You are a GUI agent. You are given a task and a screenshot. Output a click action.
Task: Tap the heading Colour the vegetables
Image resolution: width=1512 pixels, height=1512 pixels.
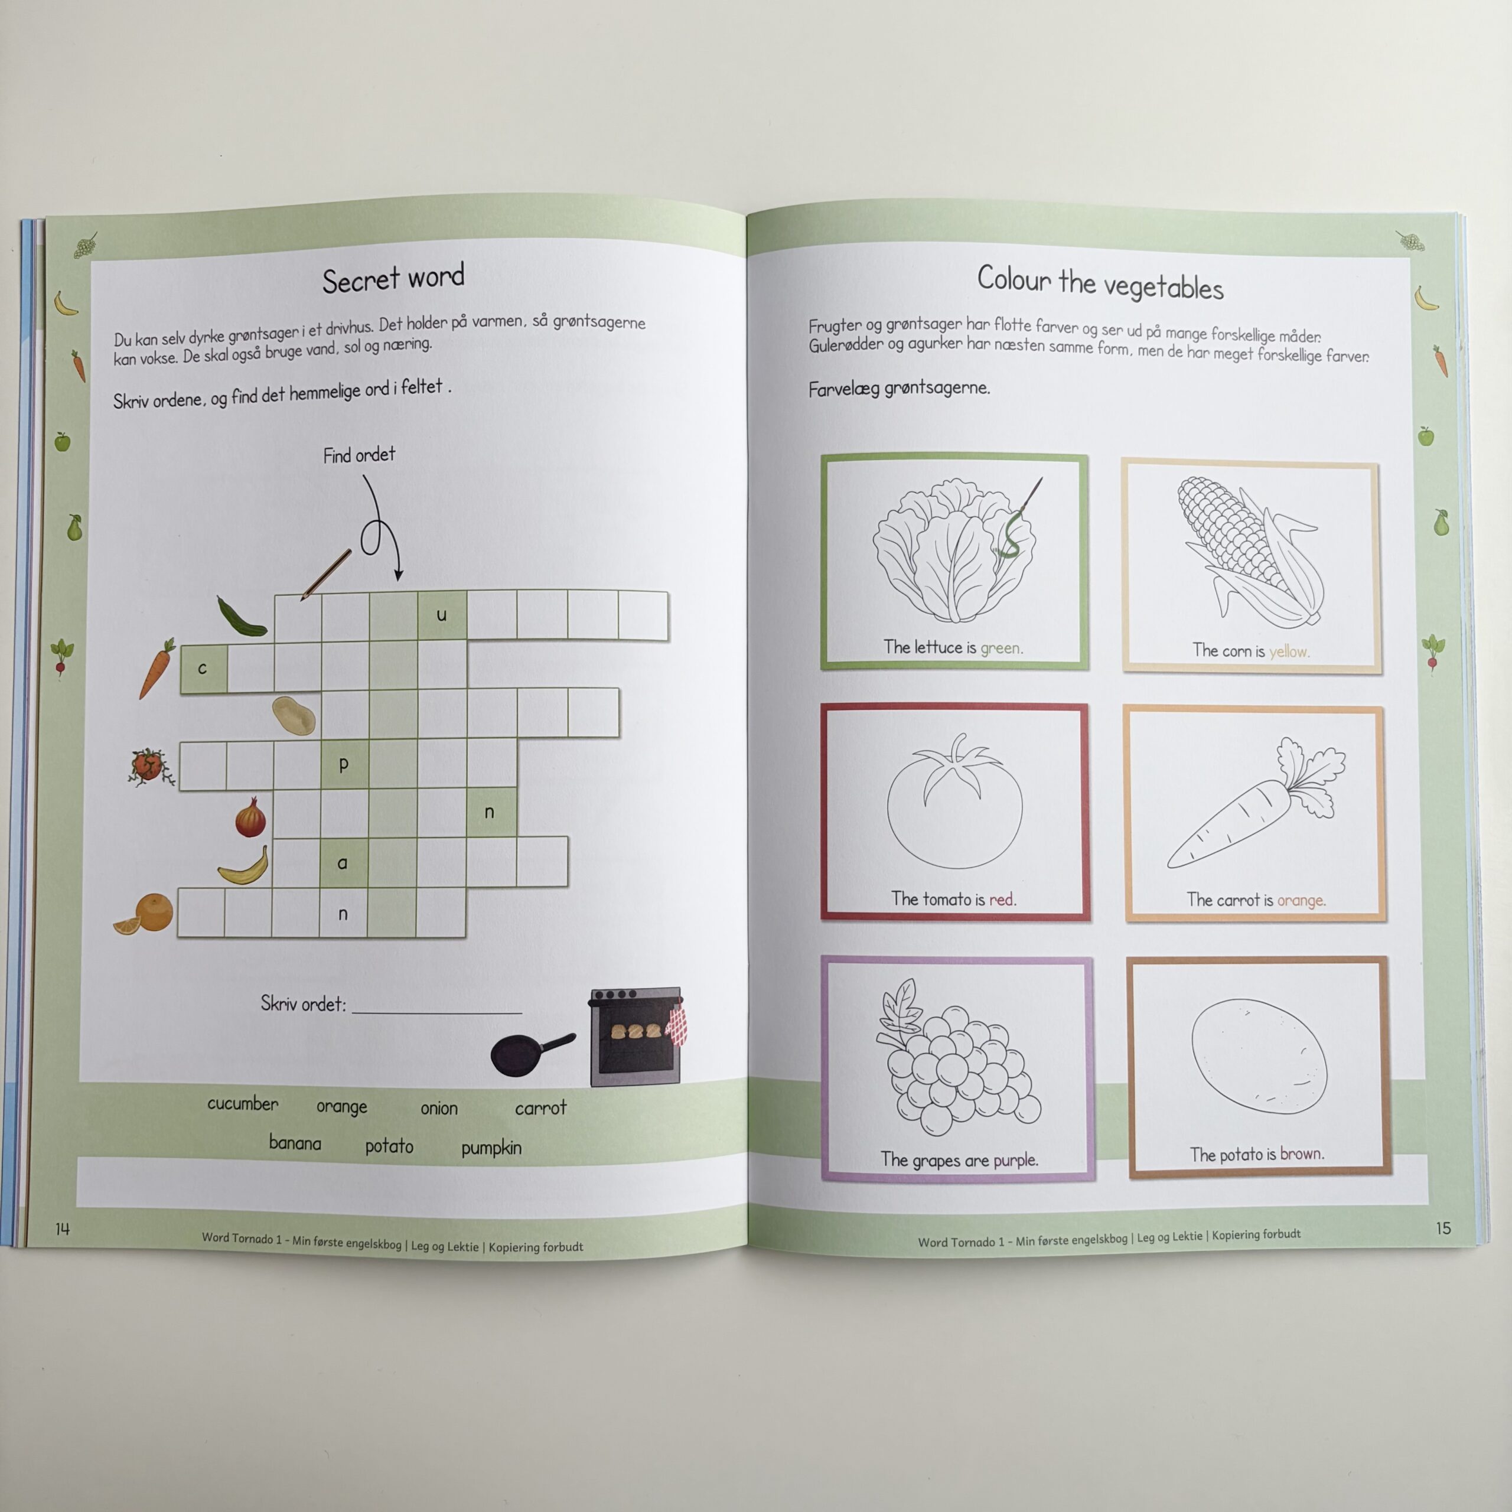(1100, 282)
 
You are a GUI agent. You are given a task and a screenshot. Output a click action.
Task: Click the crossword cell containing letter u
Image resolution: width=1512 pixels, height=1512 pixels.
(442, 615)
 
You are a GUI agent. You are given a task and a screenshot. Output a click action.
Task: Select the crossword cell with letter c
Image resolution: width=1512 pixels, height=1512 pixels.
(204, 669)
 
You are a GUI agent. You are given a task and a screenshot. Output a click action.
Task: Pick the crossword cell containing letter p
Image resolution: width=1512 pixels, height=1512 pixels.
(344, 764)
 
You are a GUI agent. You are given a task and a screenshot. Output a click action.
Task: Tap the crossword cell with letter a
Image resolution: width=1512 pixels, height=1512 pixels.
(343, 862)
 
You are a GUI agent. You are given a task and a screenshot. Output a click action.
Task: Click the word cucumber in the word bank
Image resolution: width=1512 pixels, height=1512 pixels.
(243, 1103)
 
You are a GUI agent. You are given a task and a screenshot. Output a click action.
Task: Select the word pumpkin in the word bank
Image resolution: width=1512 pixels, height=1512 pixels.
(491, 1148)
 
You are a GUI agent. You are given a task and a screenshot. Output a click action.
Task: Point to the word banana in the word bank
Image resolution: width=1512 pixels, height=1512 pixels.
(295, 1143)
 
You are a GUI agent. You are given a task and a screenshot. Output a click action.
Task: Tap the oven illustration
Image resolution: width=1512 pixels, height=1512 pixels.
(636, 1036)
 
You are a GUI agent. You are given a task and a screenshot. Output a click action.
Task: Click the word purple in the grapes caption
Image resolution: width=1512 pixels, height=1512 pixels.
(1015, 1160)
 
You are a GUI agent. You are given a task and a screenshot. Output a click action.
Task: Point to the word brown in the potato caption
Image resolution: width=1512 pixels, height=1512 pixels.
(1302, 1153)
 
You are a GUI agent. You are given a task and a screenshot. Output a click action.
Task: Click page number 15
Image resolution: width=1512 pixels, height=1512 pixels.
(1443, 1228)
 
